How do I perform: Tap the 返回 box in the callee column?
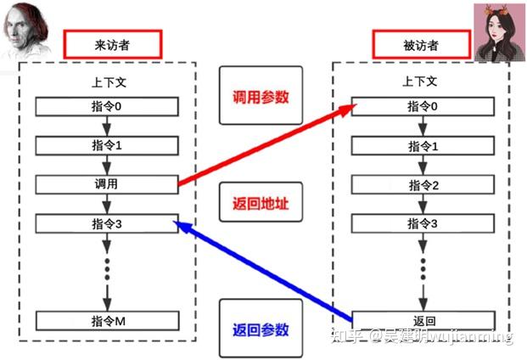(x=423, y=321)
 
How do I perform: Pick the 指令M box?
(x=107, y=321)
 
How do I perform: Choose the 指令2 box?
(x=423, y=185)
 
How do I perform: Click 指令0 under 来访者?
(x=107, y=106)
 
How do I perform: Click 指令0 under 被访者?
(x=423, y=106)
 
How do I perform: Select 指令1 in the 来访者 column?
(x=107, y=145)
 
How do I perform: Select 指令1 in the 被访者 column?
(x=423, y=146)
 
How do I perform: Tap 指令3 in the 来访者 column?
(x=107, y=224)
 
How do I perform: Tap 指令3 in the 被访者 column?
(x=423, y=224)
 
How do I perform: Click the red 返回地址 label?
(x=261, y=204)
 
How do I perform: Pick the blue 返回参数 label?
(x=261, y=329)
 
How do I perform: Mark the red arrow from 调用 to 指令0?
(x=263, y=144)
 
